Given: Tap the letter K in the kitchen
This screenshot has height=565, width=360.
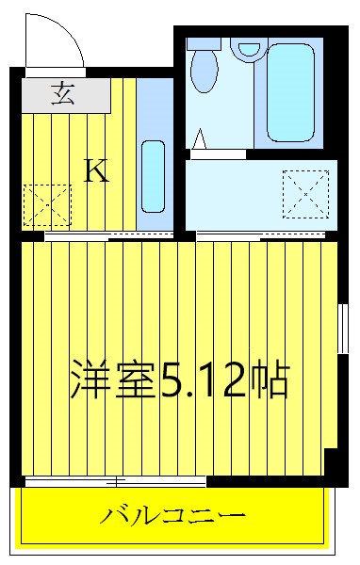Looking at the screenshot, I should (96, 170).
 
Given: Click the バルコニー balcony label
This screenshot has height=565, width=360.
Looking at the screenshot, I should (174, 516).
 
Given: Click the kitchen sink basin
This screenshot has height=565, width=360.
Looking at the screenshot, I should (153, 176).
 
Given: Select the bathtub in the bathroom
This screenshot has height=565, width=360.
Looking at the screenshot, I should (294, 91).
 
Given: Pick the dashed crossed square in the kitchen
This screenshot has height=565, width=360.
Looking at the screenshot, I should (47, 204).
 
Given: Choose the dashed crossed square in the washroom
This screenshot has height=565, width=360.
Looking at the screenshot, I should (305, 193).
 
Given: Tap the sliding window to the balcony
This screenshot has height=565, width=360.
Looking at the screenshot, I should (116, 482).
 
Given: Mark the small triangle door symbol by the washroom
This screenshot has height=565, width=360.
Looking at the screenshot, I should (199, 141).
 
